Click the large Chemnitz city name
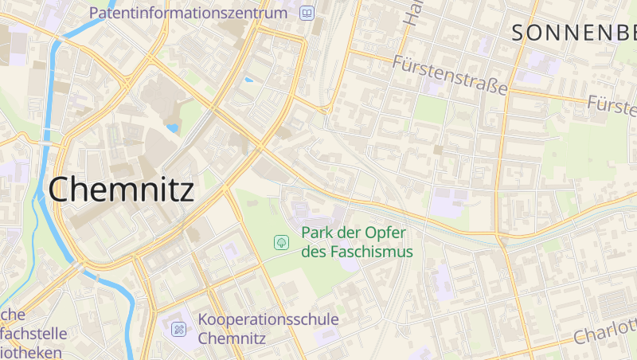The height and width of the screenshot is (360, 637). (121, 190)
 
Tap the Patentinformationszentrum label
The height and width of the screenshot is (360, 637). (188, 13)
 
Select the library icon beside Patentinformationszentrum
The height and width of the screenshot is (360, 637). (307, 13)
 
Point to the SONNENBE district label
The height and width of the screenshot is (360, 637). (573, 33)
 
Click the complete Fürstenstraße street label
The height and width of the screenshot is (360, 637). (450, 74)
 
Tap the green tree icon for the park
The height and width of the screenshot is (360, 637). (280, 241)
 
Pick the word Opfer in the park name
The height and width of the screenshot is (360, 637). (386, 233)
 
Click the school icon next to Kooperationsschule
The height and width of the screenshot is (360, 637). (179, 328)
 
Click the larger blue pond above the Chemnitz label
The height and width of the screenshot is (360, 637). (172, 127)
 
